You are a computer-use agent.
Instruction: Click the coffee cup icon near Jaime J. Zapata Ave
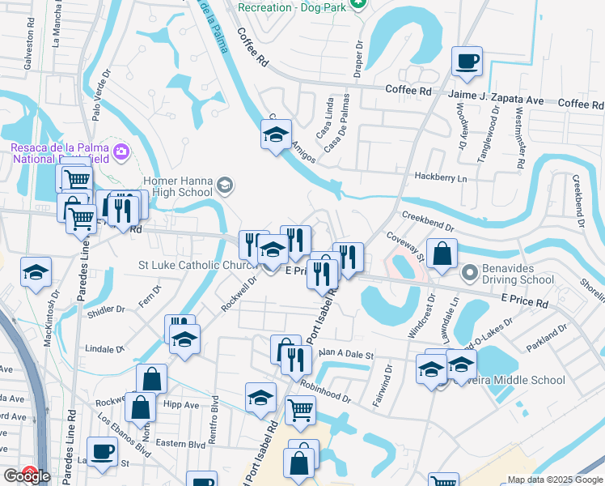coord(467,62)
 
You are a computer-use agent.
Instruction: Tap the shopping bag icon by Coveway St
coord(442,254)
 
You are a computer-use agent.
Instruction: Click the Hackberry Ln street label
coord(441,177)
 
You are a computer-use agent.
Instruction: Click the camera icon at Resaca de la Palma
coord(121,151)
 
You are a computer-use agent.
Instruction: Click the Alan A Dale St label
coord(345,354)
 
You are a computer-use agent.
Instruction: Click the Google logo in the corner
coord(27,475)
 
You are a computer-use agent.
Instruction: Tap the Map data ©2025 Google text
coord(554,480)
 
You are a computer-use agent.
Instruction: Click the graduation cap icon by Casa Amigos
coord(276,134)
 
